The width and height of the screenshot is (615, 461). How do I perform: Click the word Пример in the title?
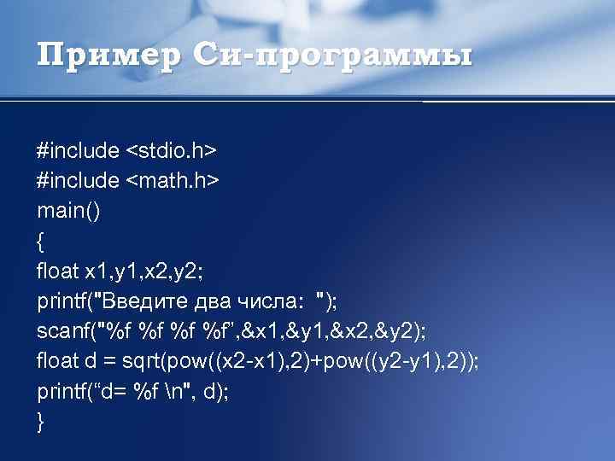108,56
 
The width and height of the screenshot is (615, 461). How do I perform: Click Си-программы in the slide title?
331,56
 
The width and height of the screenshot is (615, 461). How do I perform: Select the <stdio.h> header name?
172,151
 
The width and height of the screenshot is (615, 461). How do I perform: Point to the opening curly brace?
41,242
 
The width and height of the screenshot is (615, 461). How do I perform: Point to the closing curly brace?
41,421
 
